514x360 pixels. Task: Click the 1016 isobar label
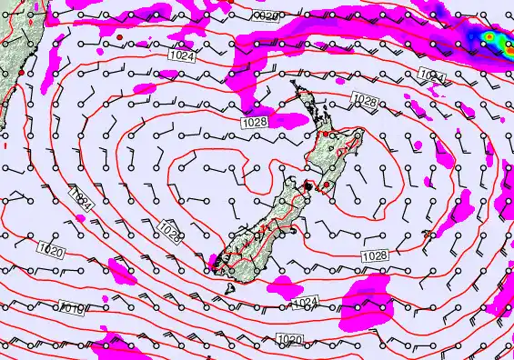(x=73, y=309)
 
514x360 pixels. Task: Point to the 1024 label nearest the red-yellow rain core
(x=433, y=77)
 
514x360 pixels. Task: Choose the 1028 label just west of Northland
(x=255, y=122)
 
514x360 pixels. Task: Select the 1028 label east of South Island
(x=375, y=255)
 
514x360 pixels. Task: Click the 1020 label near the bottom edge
(x=288, y=340)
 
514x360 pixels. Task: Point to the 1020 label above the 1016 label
(x=50, y=247)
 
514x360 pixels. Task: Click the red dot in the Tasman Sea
(x=118, y=35)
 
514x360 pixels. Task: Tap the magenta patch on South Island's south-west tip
(x=215, y=265)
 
